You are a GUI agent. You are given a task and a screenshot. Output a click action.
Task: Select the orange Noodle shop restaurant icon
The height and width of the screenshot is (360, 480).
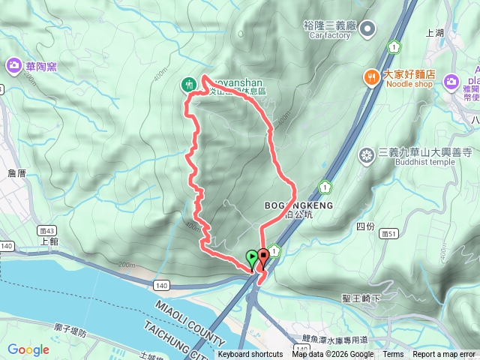370,76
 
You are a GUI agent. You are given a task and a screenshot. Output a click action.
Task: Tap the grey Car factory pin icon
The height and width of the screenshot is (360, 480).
367,29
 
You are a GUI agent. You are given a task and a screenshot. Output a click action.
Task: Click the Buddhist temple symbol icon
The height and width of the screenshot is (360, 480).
367,155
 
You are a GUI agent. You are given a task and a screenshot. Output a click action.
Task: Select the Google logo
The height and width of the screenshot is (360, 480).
28,349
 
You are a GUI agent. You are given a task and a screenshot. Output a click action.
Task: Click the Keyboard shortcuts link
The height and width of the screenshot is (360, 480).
250,355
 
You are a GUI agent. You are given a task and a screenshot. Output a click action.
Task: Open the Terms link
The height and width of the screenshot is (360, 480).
393,355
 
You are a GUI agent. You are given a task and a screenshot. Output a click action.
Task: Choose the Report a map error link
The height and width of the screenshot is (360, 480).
444,355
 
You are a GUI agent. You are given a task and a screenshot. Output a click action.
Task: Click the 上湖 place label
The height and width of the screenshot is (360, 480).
435,34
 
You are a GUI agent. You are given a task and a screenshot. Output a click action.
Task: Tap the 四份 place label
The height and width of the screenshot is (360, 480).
365,226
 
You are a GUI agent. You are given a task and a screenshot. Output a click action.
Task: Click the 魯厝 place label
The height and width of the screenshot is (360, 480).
16,173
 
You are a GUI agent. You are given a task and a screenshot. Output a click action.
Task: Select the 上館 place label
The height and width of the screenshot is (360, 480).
49,241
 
